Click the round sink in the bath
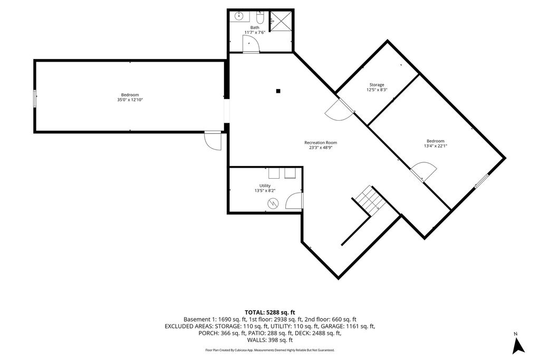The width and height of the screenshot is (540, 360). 237,16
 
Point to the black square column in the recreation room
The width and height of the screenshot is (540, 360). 278,91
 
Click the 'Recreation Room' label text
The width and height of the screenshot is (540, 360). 320,142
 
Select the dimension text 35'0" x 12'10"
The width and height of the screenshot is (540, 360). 130,100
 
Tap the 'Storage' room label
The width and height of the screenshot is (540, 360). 377,85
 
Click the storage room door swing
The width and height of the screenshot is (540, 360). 336,110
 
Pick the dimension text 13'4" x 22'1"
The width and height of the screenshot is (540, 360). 435,146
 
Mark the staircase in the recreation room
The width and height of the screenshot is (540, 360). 367,201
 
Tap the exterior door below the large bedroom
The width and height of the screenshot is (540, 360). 214,140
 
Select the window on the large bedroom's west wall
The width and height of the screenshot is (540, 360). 35,99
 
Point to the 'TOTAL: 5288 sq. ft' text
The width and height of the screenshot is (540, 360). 269,312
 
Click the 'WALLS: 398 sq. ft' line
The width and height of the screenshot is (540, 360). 269,340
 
